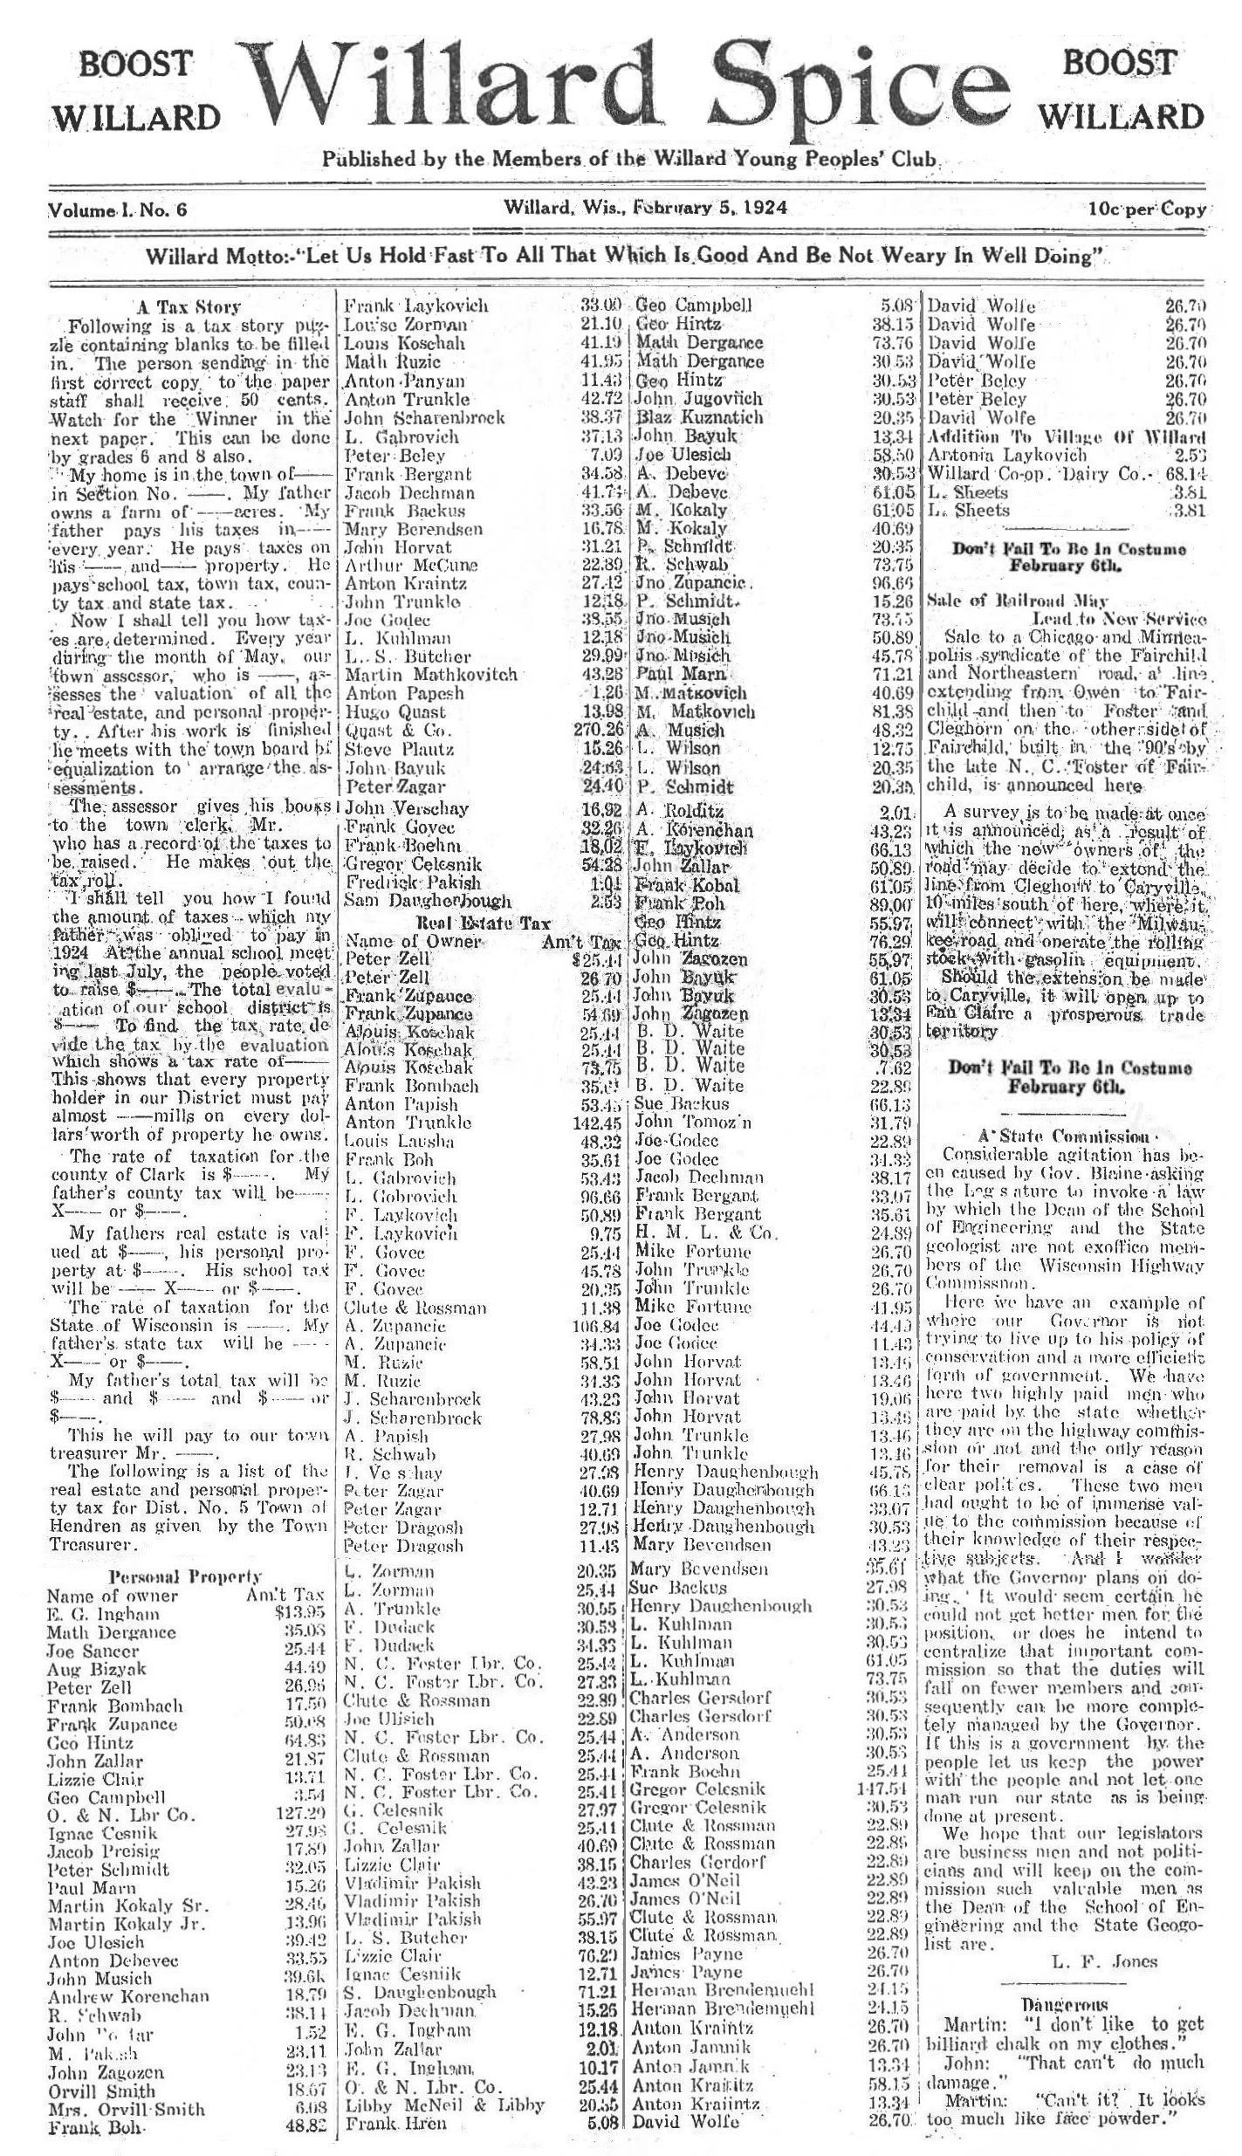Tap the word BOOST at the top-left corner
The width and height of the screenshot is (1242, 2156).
click(x=134, y=63)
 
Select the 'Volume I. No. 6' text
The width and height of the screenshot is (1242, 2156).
click(x=118, y=209)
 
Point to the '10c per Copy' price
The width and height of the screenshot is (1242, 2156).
click(x=1147, y=209)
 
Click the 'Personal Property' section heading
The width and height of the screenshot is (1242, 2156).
click(x=184, y=1576)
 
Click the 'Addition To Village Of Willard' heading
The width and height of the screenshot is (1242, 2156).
click(x=1067, y=436)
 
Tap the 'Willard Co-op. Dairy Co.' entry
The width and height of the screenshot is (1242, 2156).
click(x=1028, y=474)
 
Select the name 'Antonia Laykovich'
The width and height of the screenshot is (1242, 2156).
click(x=1006, y=455)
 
